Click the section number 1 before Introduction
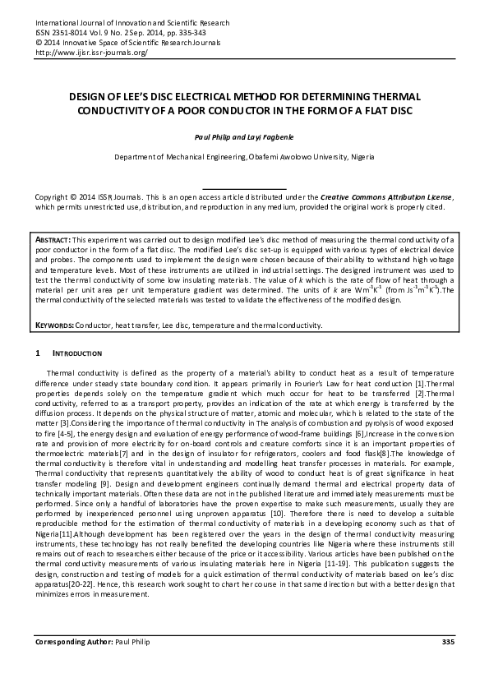pos(37,354)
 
